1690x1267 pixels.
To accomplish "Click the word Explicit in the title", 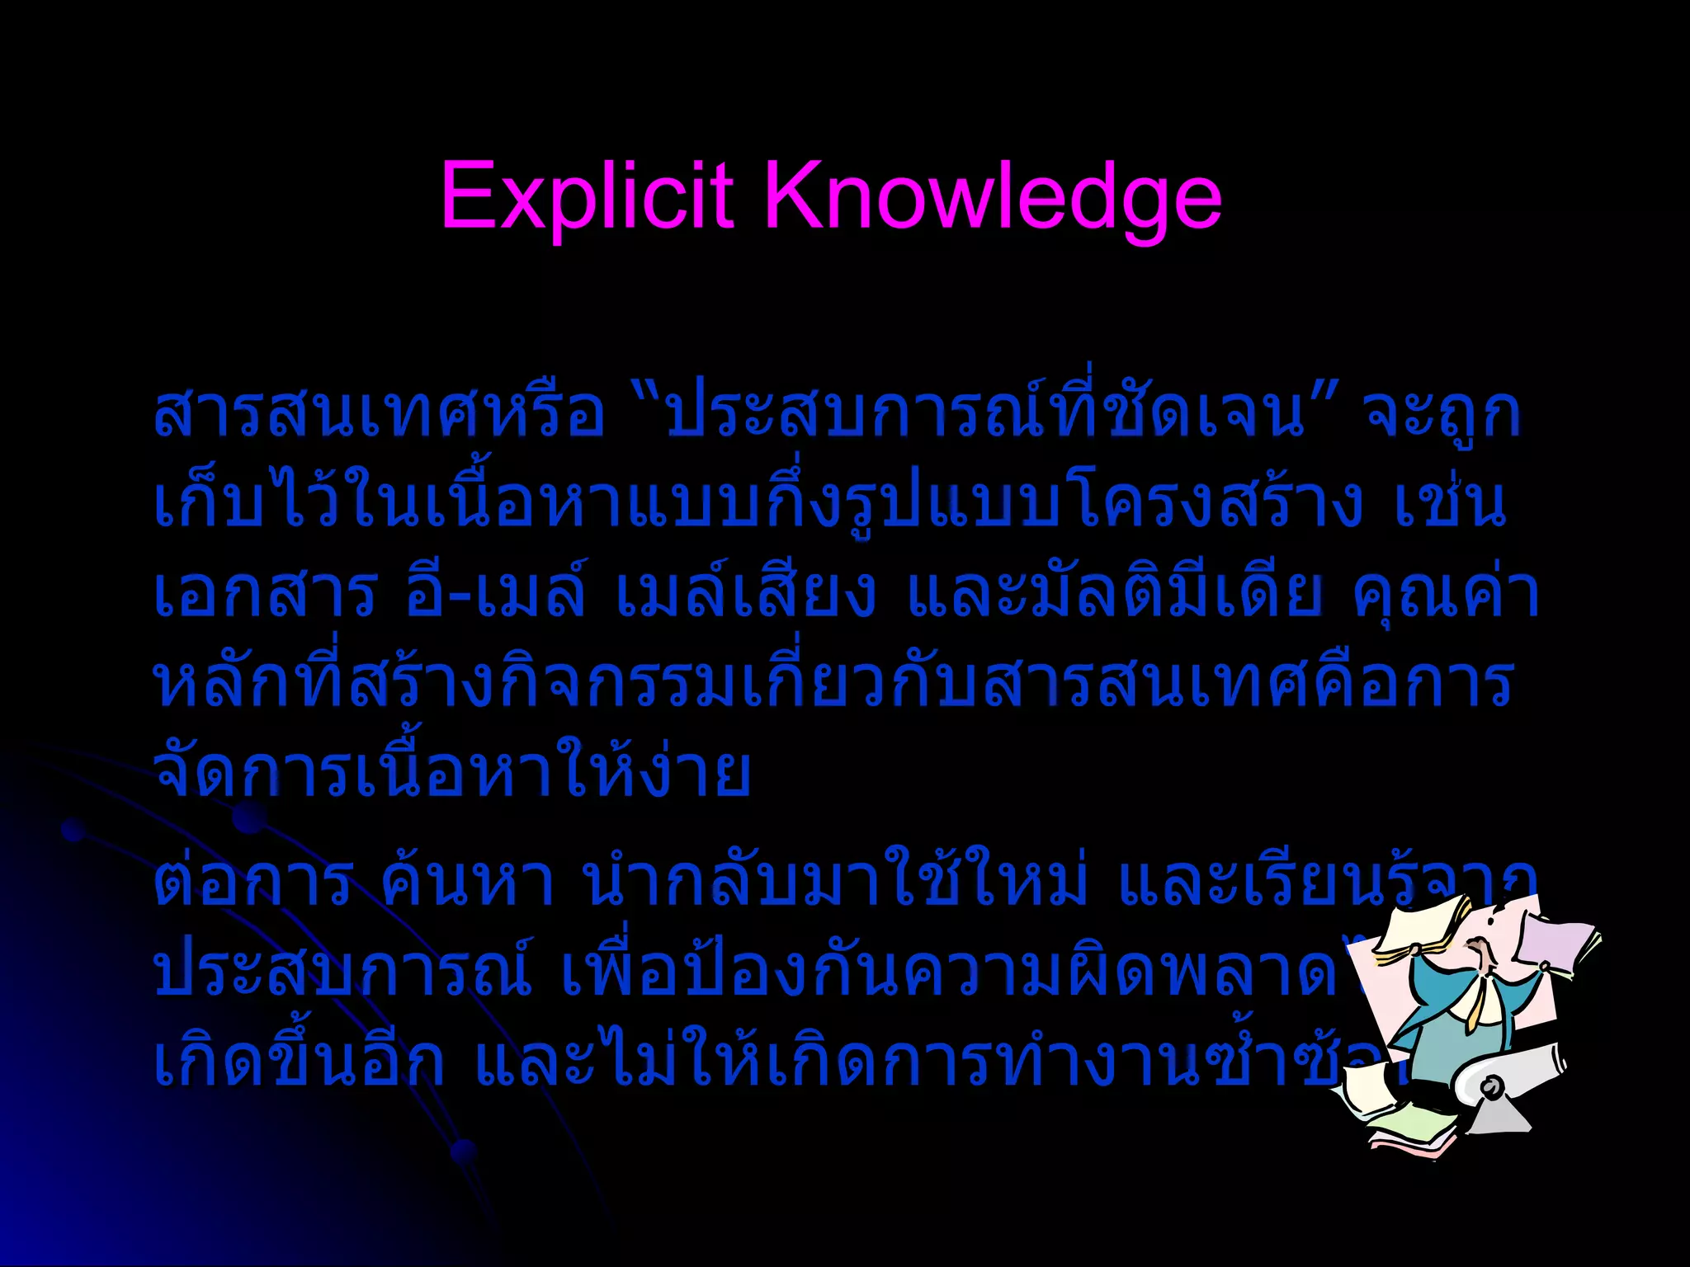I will (587, 196).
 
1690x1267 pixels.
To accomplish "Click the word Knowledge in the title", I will (994, 198).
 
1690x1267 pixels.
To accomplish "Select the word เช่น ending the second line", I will (1450, 505).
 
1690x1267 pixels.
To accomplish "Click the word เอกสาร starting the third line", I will (265, 594).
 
